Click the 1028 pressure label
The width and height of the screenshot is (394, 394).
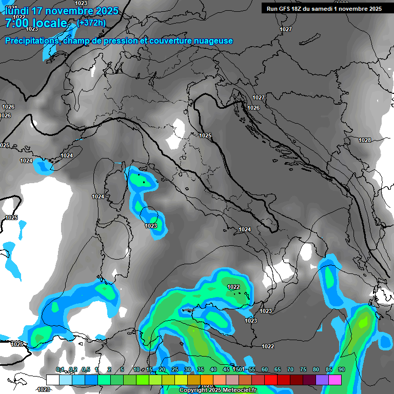pyautogui.click(x=365, y=140)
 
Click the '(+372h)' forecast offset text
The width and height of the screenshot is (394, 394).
pyautogui.click(x=91, y=23)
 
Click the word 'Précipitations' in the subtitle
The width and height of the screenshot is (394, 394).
pyautogui.click(x=31, y=41)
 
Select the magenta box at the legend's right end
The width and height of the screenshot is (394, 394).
pyautogui.click(x=335, y=380)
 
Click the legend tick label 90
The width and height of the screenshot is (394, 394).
pyautogui.click(x=342, y=370)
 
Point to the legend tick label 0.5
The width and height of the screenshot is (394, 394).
pyautogui.click(x=85, y=370)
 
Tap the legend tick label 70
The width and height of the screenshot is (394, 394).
pyautogui.click(x=290, y=370)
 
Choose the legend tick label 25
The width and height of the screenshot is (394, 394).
pyautogui.click(x=175, y=370)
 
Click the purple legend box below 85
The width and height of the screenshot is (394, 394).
pyautogui.click(x=322, y=380)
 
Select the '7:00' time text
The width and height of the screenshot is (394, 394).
pyautogui.click(x=18, y=23)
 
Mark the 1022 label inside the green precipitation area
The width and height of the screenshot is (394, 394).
pyautogui.click(x=233, y=287)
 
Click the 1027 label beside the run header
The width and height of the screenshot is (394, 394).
pyautogui.click(x=286, y=29)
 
